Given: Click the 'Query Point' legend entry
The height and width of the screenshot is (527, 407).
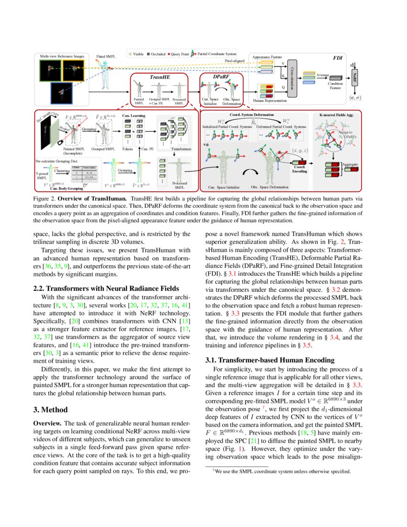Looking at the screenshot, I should click(x=178, y=55).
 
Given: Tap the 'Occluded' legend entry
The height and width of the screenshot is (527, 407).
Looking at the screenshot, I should click(x=158, y=55).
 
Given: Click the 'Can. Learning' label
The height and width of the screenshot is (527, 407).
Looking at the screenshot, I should click(x=133, y=115).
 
